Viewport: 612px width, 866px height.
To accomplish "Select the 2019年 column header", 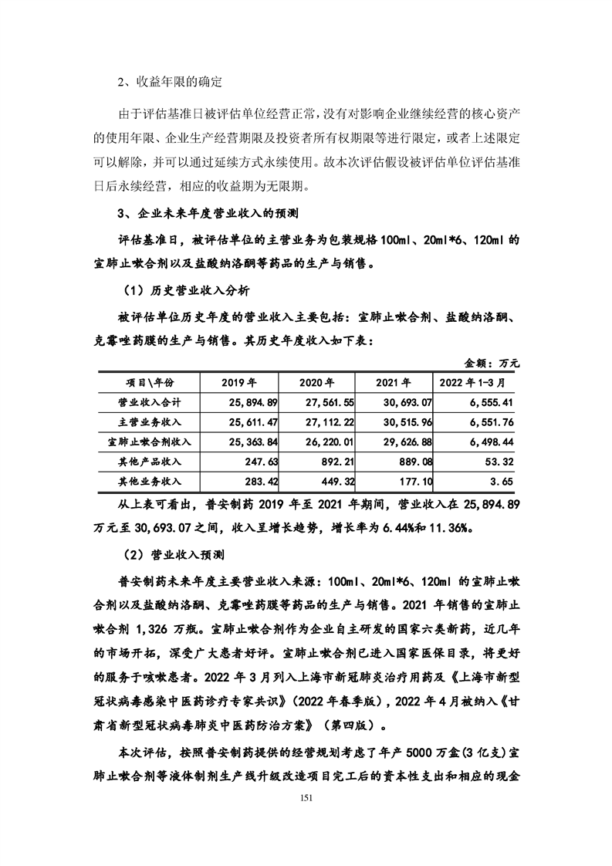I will click(x=238, y=382).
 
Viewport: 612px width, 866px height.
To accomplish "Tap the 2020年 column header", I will click(x=316, y=382).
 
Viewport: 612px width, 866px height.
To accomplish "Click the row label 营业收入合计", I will click(x=148, y=402).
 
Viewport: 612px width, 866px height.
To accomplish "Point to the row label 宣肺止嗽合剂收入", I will click(x=148, y=441).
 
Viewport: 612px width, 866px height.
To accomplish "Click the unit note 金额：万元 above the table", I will click(x=492, y=361).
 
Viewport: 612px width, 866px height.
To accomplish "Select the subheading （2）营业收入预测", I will click(x=173, y=554).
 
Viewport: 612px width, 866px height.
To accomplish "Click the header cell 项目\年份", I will click(x=148, y=382).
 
